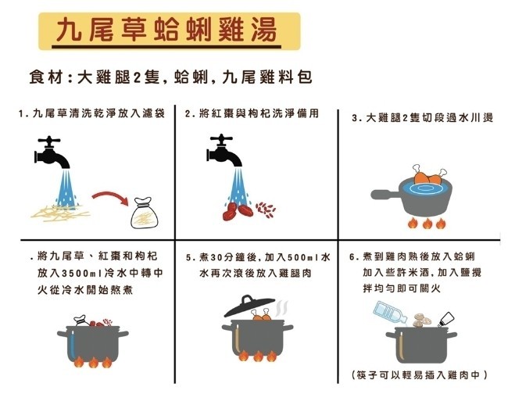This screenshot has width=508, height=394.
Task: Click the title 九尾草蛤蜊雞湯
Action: click(166, 30)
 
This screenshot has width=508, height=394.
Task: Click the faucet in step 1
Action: click(52, 152)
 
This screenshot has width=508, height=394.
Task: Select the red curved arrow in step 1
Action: click(110, 198)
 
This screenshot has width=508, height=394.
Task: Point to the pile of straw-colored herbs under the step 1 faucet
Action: click(60, 213)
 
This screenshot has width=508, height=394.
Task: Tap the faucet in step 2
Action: click(224, 149)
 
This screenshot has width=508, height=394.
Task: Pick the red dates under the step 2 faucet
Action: click(238, 211)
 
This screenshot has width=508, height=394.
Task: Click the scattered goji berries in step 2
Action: click(266, 210)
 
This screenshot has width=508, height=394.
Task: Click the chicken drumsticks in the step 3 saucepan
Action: click(430, 177)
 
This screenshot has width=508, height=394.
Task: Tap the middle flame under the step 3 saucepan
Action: click(428, 223)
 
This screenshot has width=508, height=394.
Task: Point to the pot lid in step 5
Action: click(249, 306)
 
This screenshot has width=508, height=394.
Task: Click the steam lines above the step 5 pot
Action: click(281, 309)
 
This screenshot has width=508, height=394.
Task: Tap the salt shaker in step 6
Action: click(445, 320)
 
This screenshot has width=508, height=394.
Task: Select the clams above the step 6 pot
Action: click(421, 321)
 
